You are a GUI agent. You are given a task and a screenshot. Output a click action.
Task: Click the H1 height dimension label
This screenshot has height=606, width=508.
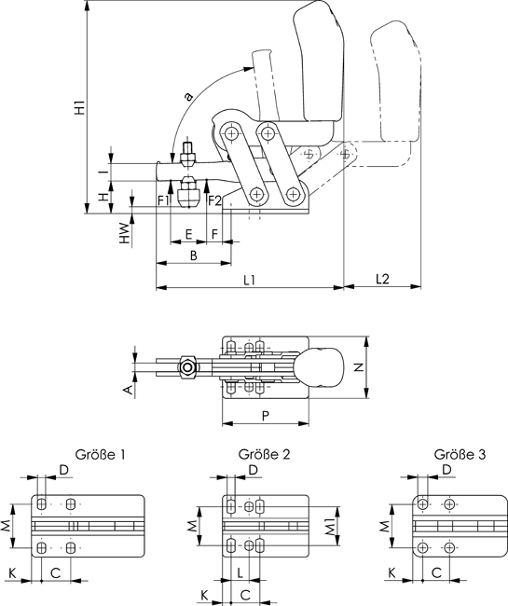pyautogui.click(x=80, y=107)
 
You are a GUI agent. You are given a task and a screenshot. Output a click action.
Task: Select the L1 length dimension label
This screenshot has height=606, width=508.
pyautogui.click(x=250, y=280)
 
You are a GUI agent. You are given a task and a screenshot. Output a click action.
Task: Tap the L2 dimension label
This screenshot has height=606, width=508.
pyautogui.click(x=382, y=279)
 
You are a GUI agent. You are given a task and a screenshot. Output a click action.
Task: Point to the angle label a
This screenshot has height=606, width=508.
pyautogui.click(x=188, y=96)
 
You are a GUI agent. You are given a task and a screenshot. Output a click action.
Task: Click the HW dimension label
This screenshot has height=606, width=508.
pyautogui.click(x=124, y=233)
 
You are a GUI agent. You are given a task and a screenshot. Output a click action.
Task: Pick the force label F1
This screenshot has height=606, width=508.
pyautogui.click(x=163, y=200)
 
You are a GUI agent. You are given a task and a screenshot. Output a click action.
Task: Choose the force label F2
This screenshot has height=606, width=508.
pyautogui.click(x=214, y=200)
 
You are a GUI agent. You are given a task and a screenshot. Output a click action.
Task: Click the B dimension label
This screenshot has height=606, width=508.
pyautogui.click(x=194, y=255)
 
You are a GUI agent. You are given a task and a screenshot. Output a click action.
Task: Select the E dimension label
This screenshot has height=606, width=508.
pyautogui.click(x=188, y=234)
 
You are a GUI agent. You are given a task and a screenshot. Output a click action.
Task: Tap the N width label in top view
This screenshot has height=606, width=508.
pyautogui.click(x=359, y=367)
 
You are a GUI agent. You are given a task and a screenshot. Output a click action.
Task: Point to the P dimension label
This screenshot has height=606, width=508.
pyautogui.click(x=266, y=416)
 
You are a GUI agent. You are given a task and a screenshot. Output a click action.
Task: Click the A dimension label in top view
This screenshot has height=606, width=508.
pyautogui.click(x=129, y=390)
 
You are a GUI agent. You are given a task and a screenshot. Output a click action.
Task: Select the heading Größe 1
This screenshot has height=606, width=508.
pyautogui.click(x=100, y=454)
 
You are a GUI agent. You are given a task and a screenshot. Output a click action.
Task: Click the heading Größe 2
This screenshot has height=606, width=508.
pyautogui.click(x=264, y=454)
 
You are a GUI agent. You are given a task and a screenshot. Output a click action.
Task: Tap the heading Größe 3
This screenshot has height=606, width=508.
pyautogui.click(x=460, y=454)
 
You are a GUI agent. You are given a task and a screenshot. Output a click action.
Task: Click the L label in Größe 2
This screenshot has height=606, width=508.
pyautogui.click(x=240, y=572)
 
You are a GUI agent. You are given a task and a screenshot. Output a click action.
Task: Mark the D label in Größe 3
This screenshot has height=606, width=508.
pyautogui.click(x=446, y=470)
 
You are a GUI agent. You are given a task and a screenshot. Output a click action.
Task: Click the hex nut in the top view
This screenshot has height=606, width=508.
pyautogui.click(x=188, y=366)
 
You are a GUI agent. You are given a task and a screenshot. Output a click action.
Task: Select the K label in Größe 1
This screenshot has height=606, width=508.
pyautogui.click(x=12, y=572)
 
